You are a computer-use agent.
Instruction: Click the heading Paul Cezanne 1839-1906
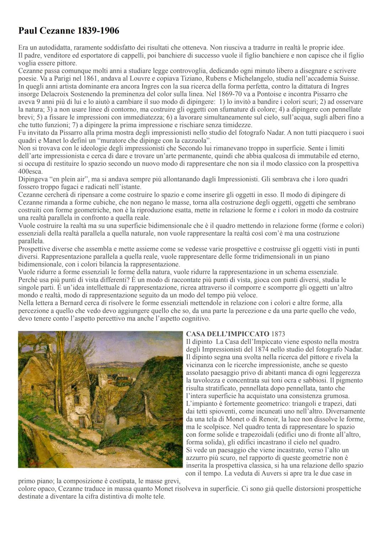pos(69,31)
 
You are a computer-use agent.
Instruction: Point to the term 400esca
pos(30,171)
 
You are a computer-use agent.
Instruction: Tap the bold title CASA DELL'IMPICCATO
pos(228,334)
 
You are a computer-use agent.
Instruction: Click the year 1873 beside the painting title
pos(278,334)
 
